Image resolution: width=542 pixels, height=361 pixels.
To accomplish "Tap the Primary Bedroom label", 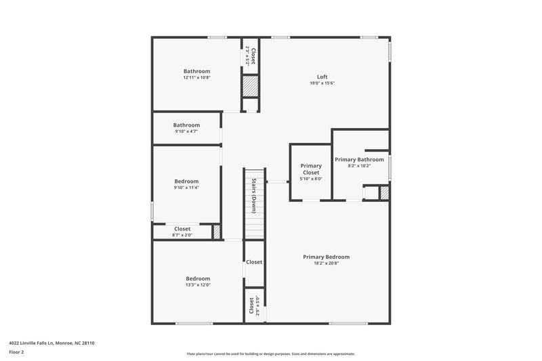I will point(326,257).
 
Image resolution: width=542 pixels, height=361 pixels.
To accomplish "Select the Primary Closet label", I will point(311,169).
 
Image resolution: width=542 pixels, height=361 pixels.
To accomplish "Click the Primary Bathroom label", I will point(359,159).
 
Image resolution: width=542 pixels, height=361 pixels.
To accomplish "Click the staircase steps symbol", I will point(253,203).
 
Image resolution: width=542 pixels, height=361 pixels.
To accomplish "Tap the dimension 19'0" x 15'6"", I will point(322,83).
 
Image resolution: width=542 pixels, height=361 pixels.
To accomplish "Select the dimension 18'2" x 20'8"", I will point(326,263).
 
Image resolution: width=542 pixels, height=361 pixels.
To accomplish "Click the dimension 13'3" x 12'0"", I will point(198,285).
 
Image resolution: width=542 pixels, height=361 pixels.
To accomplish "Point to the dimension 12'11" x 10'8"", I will point(196,78).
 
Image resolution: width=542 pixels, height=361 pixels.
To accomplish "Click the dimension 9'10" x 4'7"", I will point(186,131).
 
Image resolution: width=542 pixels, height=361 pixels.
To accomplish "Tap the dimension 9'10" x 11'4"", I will point(186,188).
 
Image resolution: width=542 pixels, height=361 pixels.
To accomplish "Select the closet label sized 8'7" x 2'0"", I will point(182,229).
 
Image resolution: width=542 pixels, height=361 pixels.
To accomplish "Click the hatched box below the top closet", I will point(251,86).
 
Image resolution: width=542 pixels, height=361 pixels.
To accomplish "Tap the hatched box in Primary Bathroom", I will point(384,193).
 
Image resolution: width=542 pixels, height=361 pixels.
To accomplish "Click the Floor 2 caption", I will point(16,352).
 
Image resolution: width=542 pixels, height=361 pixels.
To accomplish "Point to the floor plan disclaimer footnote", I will point(270,354).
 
